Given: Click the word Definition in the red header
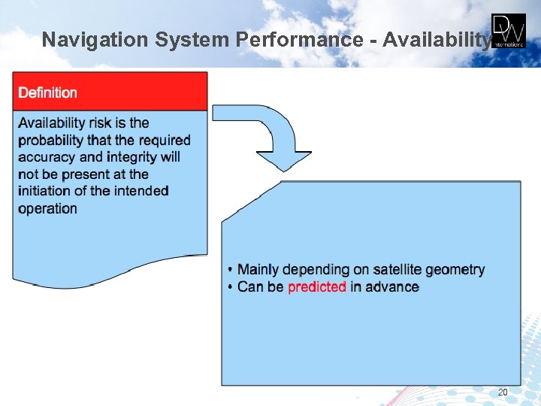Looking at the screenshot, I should point(47,92).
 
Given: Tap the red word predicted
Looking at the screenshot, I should point(316,286).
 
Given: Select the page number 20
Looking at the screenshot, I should point(502,392).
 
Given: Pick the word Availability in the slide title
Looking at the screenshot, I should point(436,39).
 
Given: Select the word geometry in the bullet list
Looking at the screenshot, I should point(459,269).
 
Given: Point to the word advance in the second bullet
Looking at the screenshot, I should point(392,286).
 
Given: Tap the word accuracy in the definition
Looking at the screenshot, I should point(47,157).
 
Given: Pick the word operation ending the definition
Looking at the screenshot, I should point(47,208).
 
